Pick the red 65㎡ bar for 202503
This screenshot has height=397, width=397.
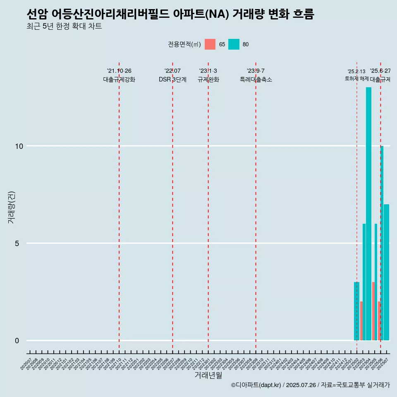tap(361, 321)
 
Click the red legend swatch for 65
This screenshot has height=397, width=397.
tap(210, 44)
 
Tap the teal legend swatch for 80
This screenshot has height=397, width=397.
tap(234, 44)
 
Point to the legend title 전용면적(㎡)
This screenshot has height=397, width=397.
tap(184, 44)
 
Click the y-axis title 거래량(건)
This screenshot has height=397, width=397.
tap(12, 207)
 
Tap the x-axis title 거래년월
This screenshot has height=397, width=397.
tap(208, 375)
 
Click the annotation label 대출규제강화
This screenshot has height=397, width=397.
tap(119, 79)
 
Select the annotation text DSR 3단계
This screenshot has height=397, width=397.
tap(172, 79)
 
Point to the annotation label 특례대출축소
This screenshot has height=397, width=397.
tap(256, 79)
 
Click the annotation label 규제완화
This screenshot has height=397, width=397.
tap(208, 79)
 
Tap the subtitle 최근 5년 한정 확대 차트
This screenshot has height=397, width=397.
tap(64, 26)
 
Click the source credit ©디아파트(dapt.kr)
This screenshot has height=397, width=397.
tap(256, 385)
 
